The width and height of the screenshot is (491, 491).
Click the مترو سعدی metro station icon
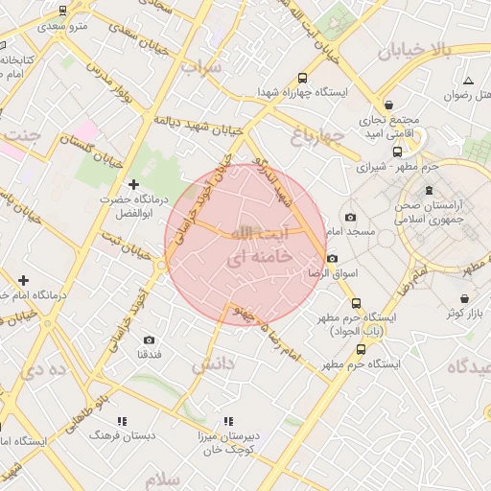click(63, 12)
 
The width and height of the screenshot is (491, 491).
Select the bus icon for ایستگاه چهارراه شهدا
click(303, 78)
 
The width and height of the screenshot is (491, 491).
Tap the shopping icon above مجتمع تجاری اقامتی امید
click(388, 105)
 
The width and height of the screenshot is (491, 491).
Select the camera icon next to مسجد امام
click(349, 218)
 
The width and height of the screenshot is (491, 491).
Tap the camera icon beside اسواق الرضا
click(332, 258)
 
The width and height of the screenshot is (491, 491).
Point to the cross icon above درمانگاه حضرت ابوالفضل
click(133, 183)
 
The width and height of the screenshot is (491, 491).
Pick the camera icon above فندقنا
click(149, 339)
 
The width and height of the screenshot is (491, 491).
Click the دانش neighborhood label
click(213, 364)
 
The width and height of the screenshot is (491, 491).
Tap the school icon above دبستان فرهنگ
click(122, 421)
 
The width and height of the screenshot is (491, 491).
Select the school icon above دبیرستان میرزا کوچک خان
click(228, 421)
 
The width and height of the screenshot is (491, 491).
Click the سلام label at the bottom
click(164, 479)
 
